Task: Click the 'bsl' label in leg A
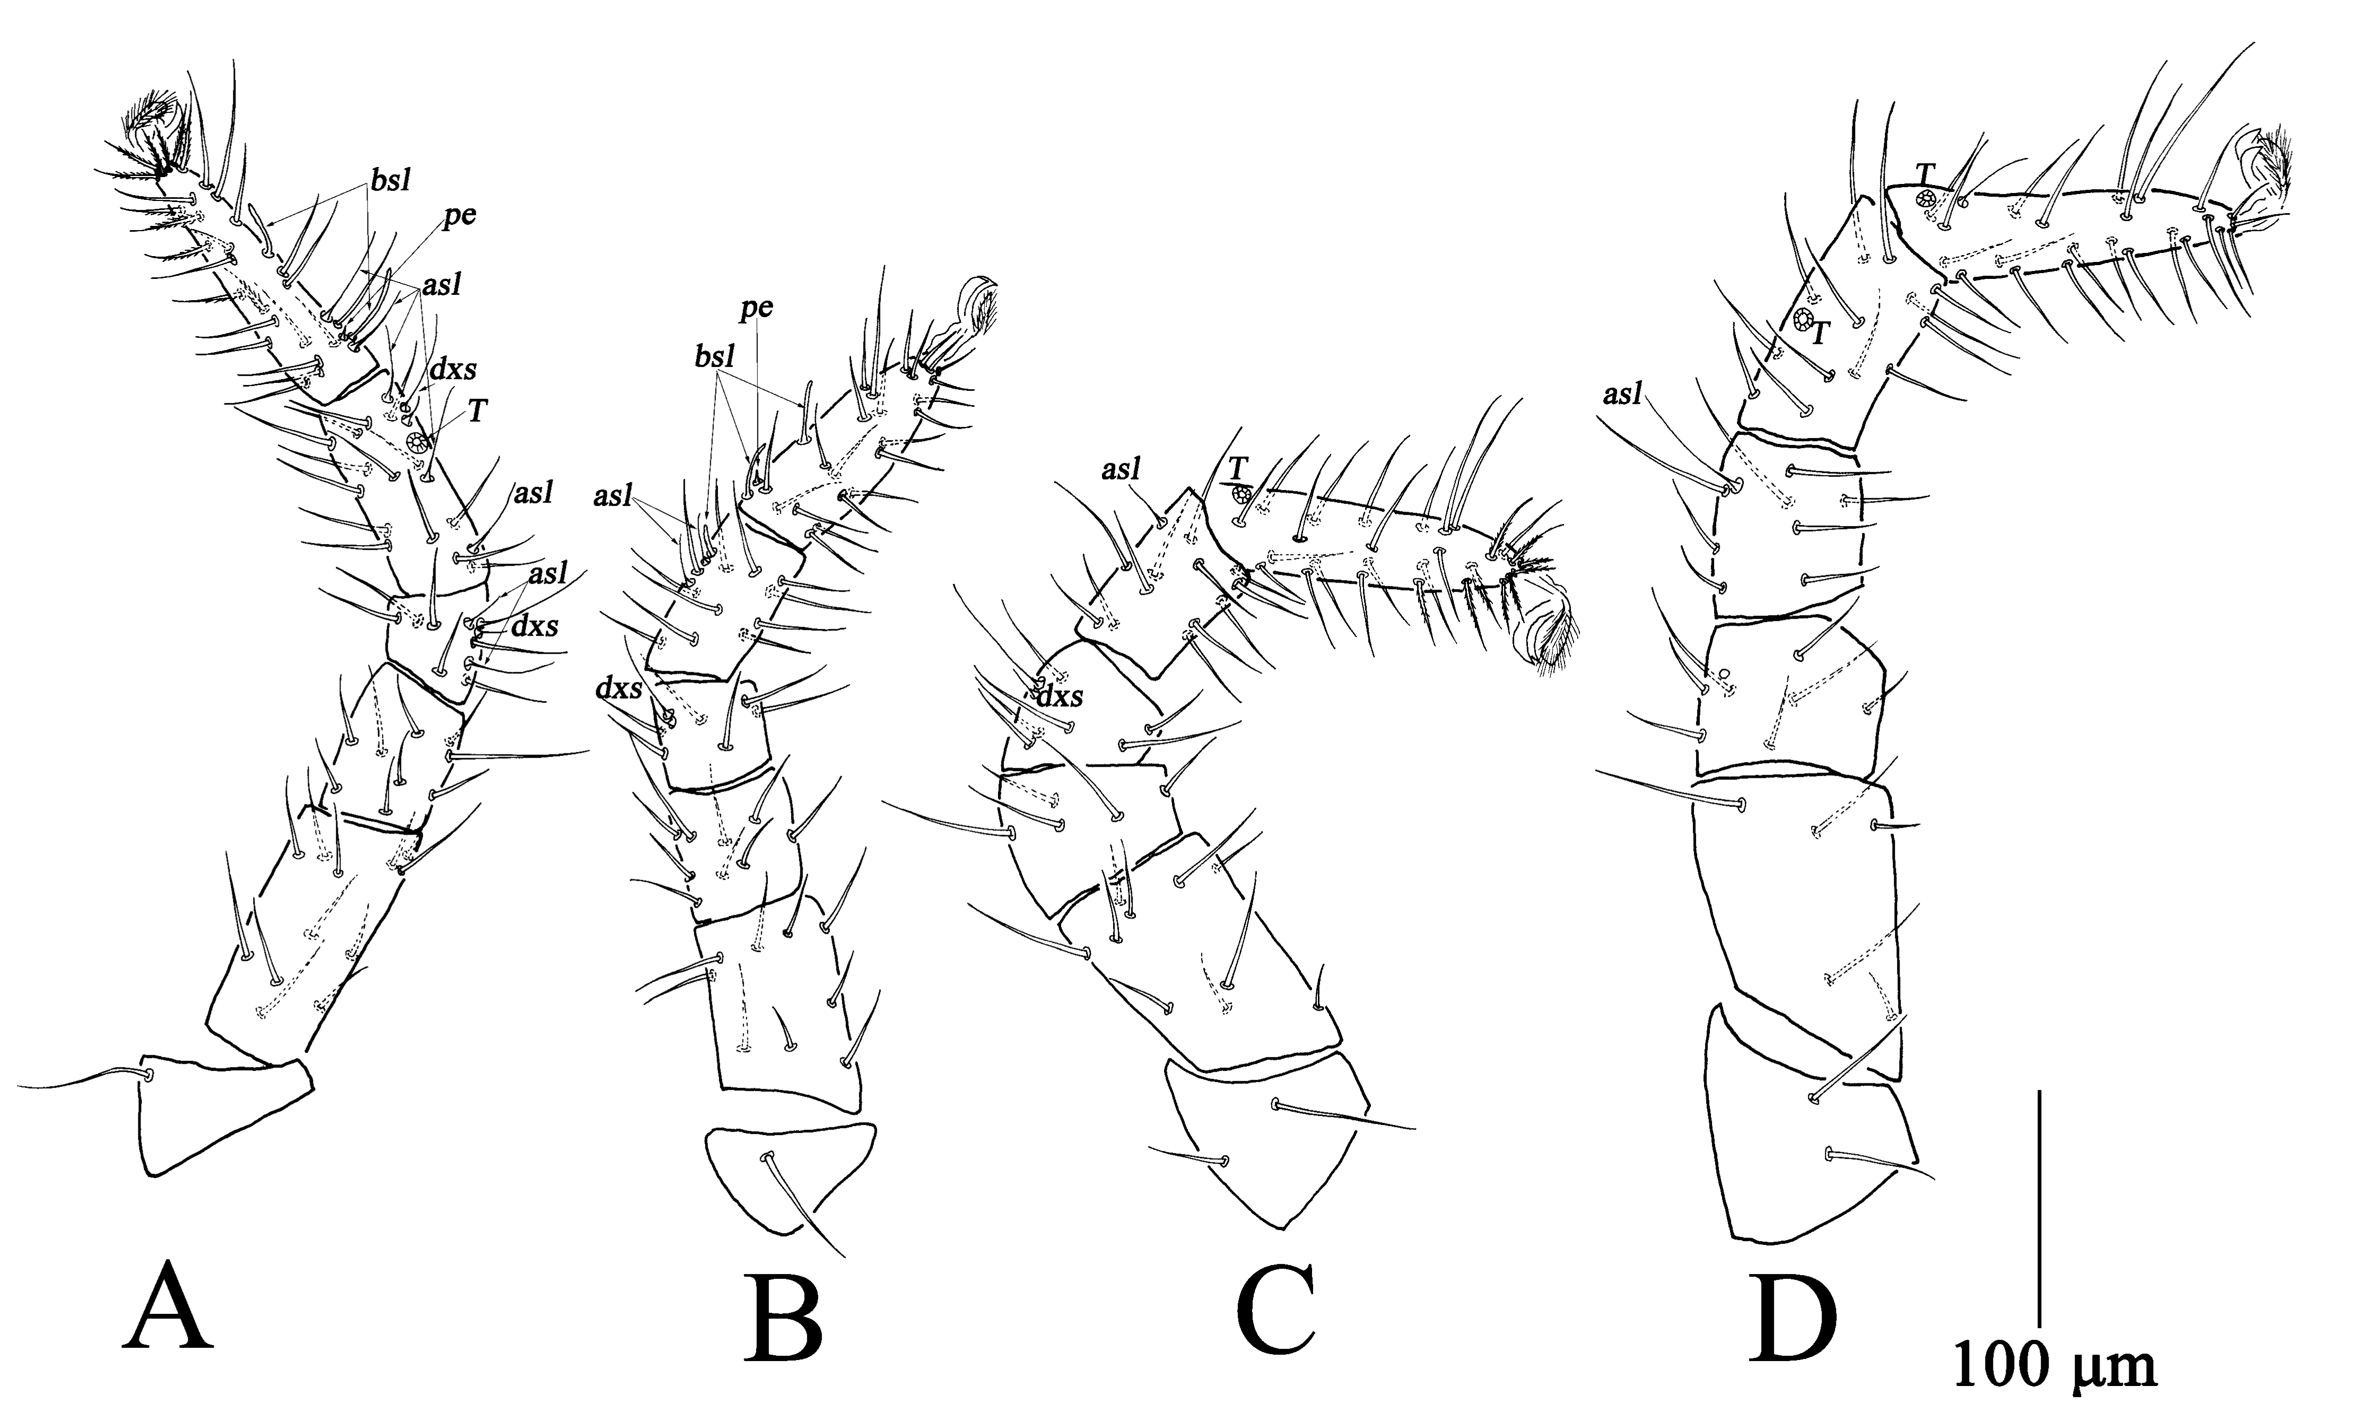390,183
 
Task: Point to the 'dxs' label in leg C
1060,697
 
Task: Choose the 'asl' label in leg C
1123,469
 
